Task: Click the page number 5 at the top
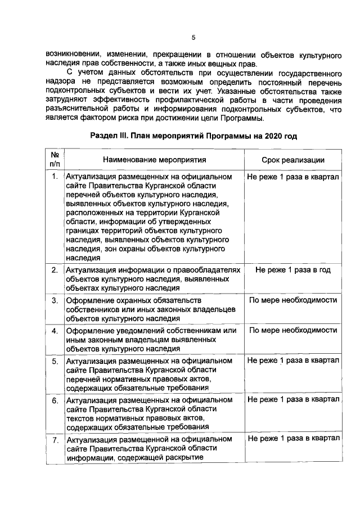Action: click(193, 38)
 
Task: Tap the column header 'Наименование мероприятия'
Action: click(154, 160)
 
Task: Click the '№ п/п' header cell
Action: click(55, 159)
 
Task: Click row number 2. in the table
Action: click(55, 271)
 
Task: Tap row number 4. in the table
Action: click(55, 331)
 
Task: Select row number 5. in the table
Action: click(55, 361)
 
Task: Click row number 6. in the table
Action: click(55, 400)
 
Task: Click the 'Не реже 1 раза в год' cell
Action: click(292, 270)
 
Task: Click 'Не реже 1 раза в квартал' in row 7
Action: click(292, 439)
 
